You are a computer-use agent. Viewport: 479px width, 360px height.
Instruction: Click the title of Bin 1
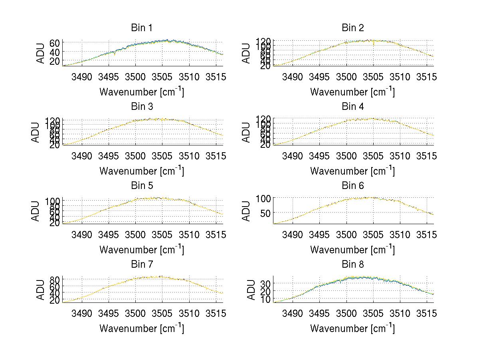[x=142, y=28]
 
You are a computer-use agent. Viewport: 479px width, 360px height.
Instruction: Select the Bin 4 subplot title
[x=352, y=107]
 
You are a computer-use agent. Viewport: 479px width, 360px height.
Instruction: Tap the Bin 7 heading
[x=142, y=265]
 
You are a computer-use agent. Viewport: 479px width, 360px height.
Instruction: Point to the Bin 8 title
[x=352, y=265]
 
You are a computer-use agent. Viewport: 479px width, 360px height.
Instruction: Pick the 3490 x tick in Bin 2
[x=293, y=77]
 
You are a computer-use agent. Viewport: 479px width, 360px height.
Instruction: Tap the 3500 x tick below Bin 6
[x=346, y=235]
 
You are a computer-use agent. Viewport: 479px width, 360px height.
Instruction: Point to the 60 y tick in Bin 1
[x=55, y=43]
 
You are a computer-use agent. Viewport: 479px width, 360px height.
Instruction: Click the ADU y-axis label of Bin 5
[x=36, y=211]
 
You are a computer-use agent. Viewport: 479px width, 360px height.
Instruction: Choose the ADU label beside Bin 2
[x=247, y=54]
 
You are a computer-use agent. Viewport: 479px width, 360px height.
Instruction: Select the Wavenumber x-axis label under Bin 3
[x=142, y=170]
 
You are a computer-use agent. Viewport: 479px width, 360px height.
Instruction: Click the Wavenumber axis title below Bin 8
[x=352, y=328]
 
